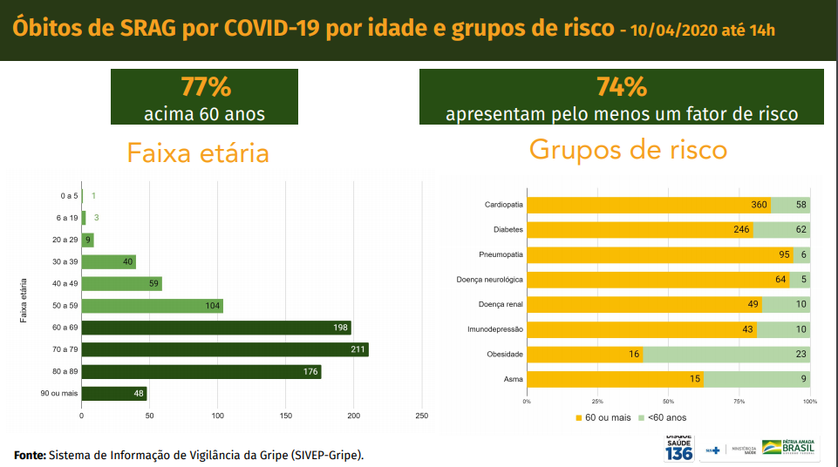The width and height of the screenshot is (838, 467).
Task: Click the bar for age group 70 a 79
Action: (x=225, y=349)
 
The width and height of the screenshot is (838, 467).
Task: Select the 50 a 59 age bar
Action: (x=152, y=306)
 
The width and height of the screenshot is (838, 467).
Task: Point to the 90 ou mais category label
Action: (x=59, y=393)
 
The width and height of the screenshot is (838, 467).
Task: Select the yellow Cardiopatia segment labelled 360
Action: (x=649, y=205)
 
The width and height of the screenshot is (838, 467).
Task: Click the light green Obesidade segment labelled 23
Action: (x=726, y=355)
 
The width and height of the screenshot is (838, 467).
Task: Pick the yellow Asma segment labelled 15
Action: (x=615, y=379)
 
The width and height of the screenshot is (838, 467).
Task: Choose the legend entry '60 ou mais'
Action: (x=603, y=417)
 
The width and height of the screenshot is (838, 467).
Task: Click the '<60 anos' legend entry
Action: (x=663, y=417)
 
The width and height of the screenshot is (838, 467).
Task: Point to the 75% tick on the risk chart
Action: (x=739, y=402)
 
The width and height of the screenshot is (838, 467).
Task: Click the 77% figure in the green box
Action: (x=205, y=87)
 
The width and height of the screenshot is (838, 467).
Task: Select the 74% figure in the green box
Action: (x=622, y=87)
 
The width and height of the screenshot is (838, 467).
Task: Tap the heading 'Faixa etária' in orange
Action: (x=198, y=153)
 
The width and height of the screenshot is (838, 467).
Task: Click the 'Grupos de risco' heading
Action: (x=628, y=149)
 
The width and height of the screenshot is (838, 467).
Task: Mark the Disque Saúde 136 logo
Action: (x=678, y=448)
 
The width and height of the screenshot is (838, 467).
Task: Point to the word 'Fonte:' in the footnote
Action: (x=30, y=455)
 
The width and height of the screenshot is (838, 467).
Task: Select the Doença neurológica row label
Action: (x=489, y=280)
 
